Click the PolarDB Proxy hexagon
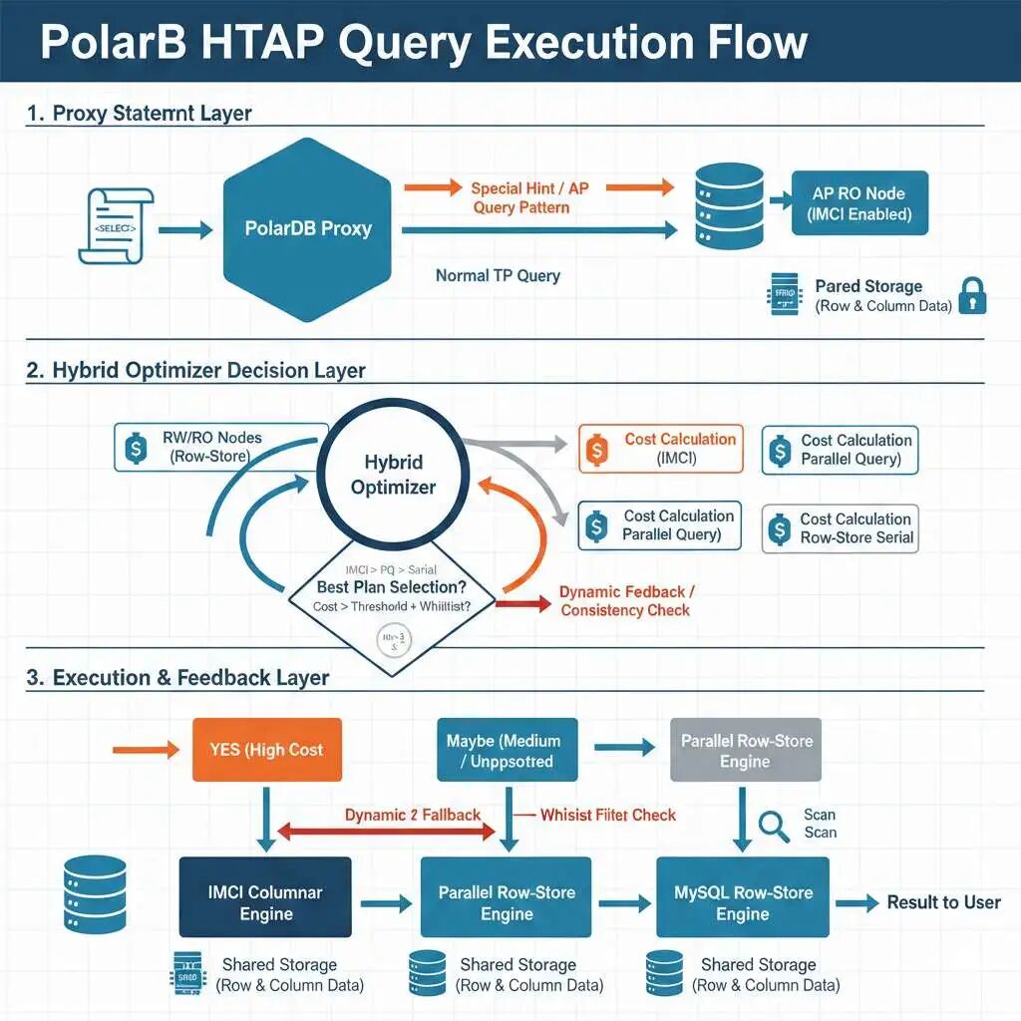[x=307, y=228]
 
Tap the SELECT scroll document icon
[x=116, y=227]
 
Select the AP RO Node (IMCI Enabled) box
[x=859, y=203]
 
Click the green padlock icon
[x=972, y=296]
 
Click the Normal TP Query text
[x=498, y=275]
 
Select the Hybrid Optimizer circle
[x=393, y=475]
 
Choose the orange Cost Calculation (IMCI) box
[x=661, y=449]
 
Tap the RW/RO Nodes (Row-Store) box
[x=220, y=446]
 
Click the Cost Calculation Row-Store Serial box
[x=839, y=528]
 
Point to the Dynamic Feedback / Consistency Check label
[x=625, y=601]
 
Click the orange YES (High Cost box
[x=267, y=750]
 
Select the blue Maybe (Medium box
[x=506, y=750]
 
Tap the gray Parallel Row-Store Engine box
[x=746, y=750]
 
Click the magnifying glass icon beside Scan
[x=773, y=824]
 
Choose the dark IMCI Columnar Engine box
[x=265, y=902]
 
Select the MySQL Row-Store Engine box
[x=743, y=902]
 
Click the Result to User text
[x=943, y=902]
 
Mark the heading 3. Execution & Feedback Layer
[x=177, y=678]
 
